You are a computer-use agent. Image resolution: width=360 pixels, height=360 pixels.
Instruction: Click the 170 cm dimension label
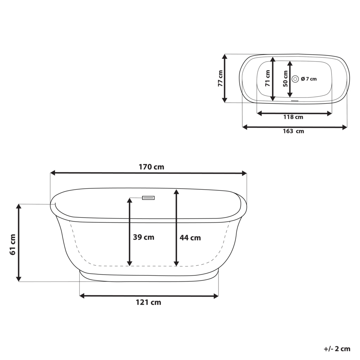[x=151, y=167]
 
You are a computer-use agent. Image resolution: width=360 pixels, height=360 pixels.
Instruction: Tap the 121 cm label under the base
[x=148, y=302]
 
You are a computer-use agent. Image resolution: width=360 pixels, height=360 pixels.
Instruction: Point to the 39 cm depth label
[x=143, y=237]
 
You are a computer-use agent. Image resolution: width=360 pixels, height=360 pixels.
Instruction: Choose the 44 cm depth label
[x=190, y=238]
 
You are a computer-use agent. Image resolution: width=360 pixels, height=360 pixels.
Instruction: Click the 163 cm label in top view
[x=293, y=131]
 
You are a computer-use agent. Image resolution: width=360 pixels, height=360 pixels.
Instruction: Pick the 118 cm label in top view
[x=293, y=117]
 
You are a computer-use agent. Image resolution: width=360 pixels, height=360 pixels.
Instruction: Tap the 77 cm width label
[x=220, y=78]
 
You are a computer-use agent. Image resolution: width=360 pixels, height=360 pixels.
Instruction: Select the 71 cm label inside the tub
[x=267, y=78]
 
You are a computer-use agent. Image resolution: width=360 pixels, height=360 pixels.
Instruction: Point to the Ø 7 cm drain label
[x=309, y=79]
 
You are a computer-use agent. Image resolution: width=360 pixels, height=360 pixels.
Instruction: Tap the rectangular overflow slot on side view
[x=148, y=198]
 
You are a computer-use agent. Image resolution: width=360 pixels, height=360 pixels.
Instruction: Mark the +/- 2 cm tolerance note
[x=337, y=348]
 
